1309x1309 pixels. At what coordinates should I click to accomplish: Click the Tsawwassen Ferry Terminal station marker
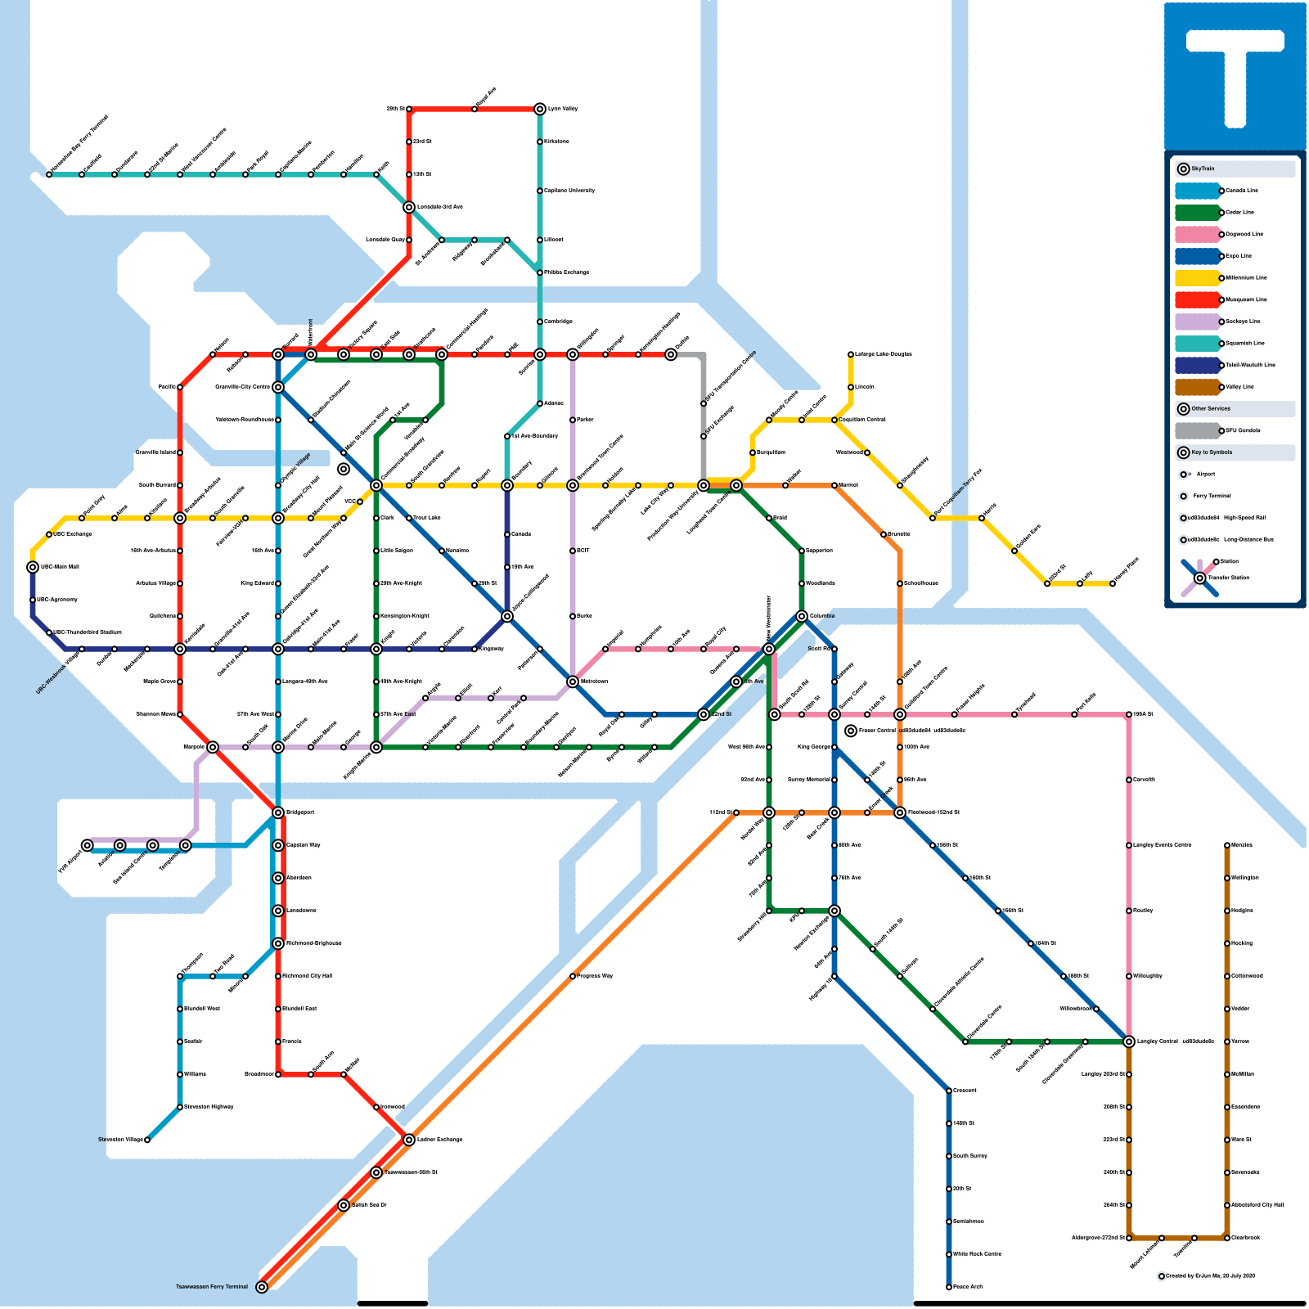pyautogui.click(x=262, y=1287)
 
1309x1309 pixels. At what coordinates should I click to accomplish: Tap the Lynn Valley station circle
pyautogui.click(x=540, y=109)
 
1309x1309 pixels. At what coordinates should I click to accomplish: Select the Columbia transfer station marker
pyautogui.click(x=802, y=616)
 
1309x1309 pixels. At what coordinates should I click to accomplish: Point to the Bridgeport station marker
pyautogui.click(x=278, y=812)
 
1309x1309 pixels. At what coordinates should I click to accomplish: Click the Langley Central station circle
pyautogui.click(x=1129, y=1041)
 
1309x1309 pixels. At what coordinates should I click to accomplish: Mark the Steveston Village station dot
pyautogui.click(x=147, y=1140)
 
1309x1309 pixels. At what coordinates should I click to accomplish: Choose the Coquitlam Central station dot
pyautogui.click(x=834, y=420)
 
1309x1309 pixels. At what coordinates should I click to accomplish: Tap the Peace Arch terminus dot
pyautogui.click(x=949, y=1287)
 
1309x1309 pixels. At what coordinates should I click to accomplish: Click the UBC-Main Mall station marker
pyautogui.click(x=33, y=567)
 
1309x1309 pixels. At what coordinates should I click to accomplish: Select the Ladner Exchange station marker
pyautogui.click(x=409, y=1140)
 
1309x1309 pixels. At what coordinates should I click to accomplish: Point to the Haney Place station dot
pyautogui.click(x=1113, y=583)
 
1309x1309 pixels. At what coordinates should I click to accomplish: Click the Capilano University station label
pyautogui.click(x=569, y=191)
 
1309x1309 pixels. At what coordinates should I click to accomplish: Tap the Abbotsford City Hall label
pyautogui.click(x=1257, y=1205)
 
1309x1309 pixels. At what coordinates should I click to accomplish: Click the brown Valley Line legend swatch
pyautogui.click(x=1197, y=387)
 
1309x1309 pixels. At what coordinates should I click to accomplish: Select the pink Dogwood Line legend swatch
pyautogui.click(x=1197, y=234)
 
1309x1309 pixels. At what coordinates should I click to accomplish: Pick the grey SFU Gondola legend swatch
pyautogui.click(x=1197, y=430)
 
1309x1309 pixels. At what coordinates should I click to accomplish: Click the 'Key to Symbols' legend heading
pyautogui.click(x=1212, y=452)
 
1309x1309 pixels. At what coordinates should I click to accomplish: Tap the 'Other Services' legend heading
pyautogui.click(x=1210, y=408)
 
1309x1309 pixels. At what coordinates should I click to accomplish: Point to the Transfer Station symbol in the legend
pyautogui.click(x=1199, y=578)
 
